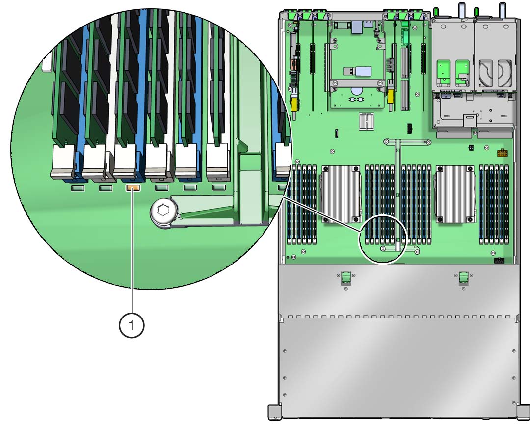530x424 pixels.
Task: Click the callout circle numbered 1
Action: [x=132, y=325]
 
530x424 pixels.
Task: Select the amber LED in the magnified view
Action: [x=133, y=188]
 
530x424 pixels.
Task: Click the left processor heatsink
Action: [x=341, y=194]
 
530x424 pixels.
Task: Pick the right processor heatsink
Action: [x=455, y=194]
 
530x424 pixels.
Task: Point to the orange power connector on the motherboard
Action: [x=503, y=153]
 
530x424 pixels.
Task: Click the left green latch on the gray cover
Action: [x=345, y=277]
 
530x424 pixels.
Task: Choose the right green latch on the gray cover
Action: [x=463, y=277]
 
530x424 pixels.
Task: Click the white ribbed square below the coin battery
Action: [x=367, y=121]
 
